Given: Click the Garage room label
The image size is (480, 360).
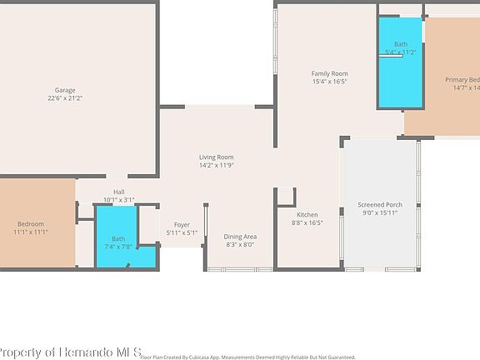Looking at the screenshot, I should pyautogui.click(x=65, y=90).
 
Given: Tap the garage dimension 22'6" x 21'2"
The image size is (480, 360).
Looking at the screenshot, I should pyautogui.click(x=65, y=98).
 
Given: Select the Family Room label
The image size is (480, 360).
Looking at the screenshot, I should pyautogui.click(x=329, y=73).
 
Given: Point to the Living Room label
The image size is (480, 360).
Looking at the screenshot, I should pyautogui.click(x=216, y=157).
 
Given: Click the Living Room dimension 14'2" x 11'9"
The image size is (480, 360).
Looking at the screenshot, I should pyautogui.click(x=216, y=165).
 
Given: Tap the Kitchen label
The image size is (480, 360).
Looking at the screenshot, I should pyautogui.click(x=307, y=214).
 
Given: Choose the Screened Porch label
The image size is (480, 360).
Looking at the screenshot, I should pyautogui.click(x=380, y=204).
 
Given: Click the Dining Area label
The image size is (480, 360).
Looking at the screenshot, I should pyautogui.click(x=240, y=237).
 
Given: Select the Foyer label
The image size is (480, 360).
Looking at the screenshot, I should pyautogui.click(x=181, y=224).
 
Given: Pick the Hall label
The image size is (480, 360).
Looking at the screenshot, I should pyautogui.click(x=119, y=192).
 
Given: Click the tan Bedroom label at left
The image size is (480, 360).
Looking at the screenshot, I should pyautogui.click(x=31, y=223).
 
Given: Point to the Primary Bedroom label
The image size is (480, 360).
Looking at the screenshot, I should pyautogui.click(x=462, y=79).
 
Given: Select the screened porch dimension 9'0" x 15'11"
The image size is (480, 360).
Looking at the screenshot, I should pyautogui.click(x=380, y=212).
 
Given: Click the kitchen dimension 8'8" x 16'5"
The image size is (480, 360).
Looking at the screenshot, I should pyautogui.click(x=307, y=222).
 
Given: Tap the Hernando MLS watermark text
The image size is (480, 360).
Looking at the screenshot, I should pyautogui.click(x=71, y=352).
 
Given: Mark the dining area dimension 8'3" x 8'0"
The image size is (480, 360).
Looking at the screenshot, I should pyautogui.click(x=240, y=245).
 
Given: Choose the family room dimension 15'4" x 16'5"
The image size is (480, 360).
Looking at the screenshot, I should pyautogui.click(x=329, y=82).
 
